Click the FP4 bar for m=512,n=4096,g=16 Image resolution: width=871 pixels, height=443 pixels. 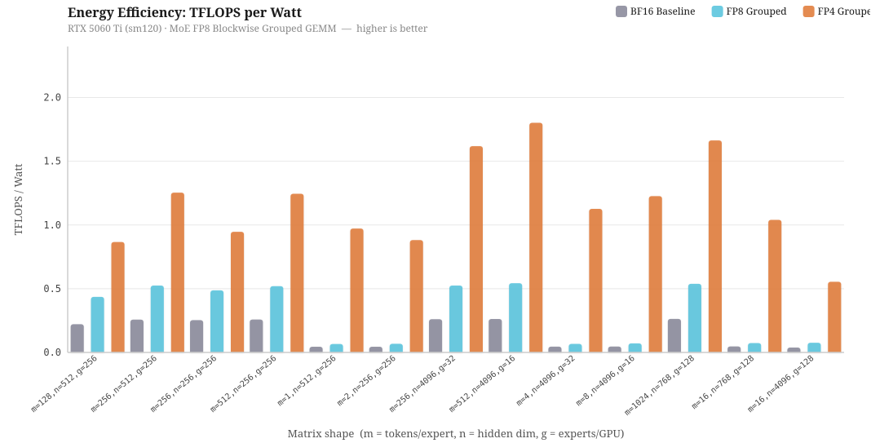536,237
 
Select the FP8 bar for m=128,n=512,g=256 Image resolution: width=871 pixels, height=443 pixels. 98,325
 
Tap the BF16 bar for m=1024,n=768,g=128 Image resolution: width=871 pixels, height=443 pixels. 674,335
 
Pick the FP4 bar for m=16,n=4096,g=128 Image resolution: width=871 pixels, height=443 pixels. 834,317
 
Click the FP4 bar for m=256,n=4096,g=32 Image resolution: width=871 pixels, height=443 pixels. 476,249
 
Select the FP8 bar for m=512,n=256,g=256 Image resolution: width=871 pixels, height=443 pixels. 276,319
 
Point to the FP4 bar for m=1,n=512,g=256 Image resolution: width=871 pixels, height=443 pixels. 356,290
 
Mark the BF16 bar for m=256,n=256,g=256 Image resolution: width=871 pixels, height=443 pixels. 197,336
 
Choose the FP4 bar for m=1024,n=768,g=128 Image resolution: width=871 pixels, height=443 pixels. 715,246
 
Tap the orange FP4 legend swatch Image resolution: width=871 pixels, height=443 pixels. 808,11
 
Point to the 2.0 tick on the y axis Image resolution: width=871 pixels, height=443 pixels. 52,97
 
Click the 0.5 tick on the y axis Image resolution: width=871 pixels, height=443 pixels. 52,289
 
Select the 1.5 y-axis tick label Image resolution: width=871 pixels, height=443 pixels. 52,161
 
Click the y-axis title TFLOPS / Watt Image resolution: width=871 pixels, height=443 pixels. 19,199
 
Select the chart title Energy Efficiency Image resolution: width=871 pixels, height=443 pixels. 184,12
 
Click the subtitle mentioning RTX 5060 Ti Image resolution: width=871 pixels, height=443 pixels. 247,29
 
